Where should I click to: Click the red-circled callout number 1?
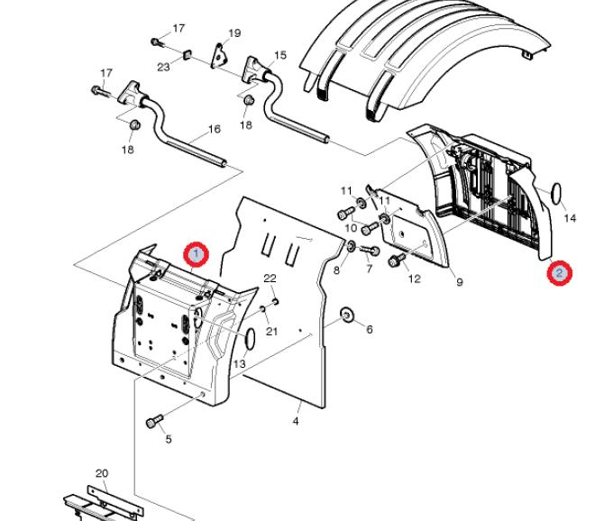click(197, 254)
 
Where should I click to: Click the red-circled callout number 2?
click(559, 273)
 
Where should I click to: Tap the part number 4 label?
click(296, 421)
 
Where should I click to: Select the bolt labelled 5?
click(155, 421)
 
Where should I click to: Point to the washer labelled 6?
click(347, 315)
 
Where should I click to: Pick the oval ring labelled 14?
click(556, 193)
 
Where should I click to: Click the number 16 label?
click(215, 129)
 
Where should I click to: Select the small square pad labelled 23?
click(187, 54)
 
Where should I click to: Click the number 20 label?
click(102, 473)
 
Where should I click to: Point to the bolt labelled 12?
click(397, 260)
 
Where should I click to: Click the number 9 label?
click(460, 283)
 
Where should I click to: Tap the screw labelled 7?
click(370, 251)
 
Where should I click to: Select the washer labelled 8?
click(351, 246)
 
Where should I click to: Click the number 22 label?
click(270, 278)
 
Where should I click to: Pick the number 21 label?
click(272, 331)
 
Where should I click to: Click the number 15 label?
click(280, 55)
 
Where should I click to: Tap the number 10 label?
click(351, 228)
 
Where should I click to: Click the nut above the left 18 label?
click(134, 125)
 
